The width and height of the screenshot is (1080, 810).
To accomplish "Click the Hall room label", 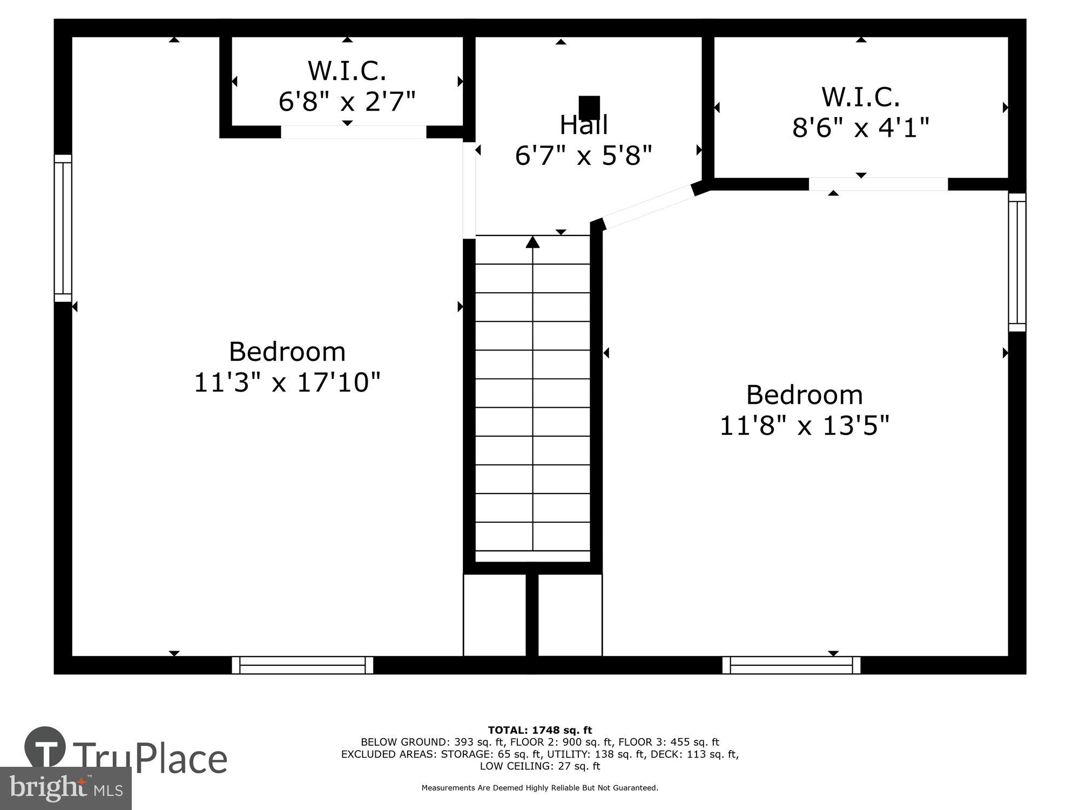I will coord(584,125).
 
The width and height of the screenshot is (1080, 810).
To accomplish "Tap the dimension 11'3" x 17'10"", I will coord(287,382).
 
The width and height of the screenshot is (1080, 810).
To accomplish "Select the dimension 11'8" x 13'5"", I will coord(804,426).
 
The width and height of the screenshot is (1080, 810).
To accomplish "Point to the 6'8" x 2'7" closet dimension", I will coord(347,101).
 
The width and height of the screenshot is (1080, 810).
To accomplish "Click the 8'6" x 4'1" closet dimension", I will coord(860,128).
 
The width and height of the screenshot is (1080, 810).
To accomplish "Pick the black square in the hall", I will coord(589,107).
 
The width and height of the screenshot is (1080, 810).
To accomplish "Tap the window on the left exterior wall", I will coord(63,228).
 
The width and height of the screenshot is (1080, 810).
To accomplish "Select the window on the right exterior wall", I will coord(1017,262).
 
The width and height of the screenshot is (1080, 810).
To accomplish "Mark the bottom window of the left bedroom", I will coord(302,665).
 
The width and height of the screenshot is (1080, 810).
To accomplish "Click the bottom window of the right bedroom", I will coord(791,665).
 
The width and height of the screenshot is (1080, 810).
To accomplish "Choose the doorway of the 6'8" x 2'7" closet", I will coord(353,132).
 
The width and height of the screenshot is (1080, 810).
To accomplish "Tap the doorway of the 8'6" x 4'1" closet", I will coord(878,184).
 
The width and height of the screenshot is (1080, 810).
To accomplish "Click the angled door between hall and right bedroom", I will coord(647,207).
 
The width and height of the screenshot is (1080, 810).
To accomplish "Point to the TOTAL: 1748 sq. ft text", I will coord(540,731).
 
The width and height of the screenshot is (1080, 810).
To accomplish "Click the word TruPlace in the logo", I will coord(150,759).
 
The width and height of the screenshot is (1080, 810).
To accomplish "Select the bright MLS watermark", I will coord(65,789).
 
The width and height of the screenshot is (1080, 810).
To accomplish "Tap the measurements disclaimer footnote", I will coord(540,788).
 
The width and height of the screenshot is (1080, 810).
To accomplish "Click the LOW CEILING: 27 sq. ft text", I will coord(540,766).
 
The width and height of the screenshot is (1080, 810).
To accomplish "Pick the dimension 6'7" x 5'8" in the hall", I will coord(584,156).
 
